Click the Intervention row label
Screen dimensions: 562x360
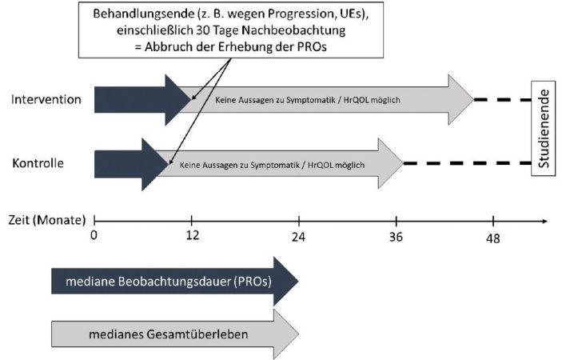click(46, 99)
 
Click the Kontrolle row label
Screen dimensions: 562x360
click(38, 163)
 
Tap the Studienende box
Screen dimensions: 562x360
click(544, 128)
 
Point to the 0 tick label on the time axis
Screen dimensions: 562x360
click(94, 235)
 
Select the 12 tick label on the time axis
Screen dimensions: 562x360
click(193, 235)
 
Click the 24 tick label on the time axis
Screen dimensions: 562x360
click(298, 237)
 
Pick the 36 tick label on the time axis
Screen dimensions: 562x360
click(396, 237)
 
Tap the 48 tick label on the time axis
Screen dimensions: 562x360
click(492, 238)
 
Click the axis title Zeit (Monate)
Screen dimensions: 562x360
click(47, 220)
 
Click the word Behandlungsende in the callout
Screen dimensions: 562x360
click(144, 14)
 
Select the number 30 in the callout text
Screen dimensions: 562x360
click(203, 30)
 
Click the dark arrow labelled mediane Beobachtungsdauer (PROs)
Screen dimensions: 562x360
click(175, 281)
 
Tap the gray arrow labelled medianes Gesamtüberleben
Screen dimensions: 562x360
click(175, 334)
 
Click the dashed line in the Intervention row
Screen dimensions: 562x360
click(503, 100)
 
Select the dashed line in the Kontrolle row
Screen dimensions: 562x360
click(468, 163)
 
